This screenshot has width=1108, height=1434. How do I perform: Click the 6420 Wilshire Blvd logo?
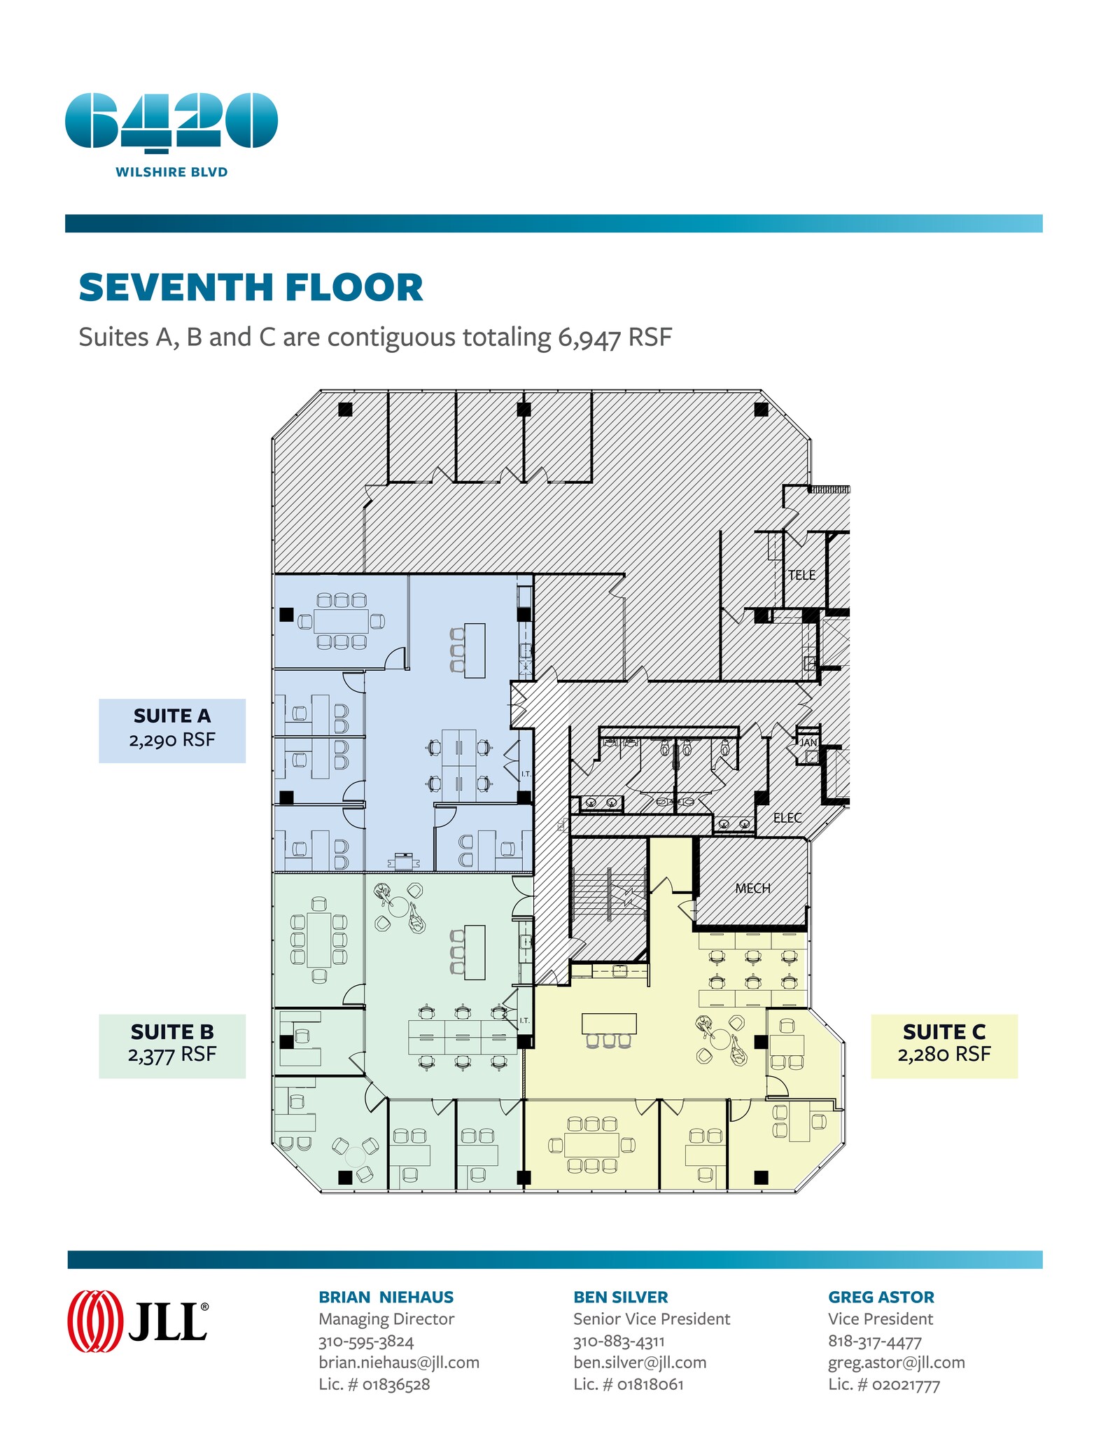click(x=171, y=133)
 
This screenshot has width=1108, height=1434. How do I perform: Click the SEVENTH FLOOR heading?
click(x=251, y=288)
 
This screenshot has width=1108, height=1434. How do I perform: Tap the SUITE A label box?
click(x=172, y=730)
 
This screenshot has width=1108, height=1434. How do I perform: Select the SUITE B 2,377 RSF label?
click(x=172, y=1045)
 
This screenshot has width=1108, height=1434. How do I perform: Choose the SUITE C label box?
click(x=944, y=1045)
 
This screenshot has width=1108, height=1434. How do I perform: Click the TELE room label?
click(x=801, y=575)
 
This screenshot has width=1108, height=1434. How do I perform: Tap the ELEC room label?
click(x=787, y=818)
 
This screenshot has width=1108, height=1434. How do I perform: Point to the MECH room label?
click(x=752, y=888)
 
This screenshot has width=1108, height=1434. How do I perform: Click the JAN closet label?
click(x=808, y=742)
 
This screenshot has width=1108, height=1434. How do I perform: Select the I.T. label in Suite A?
click(x=526, y=774)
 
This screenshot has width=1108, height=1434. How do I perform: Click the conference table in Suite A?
click(x=341, y=621)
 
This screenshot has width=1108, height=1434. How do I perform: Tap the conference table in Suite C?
click(x=591, y=1146)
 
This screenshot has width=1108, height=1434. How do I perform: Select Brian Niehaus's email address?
click(x=399, y=1363)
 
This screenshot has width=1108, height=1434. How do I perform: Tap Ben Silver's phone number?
click(x=619, y=1341)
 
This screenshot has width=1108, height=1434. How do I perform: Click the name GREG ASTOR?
click(x=881, y=1297)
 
